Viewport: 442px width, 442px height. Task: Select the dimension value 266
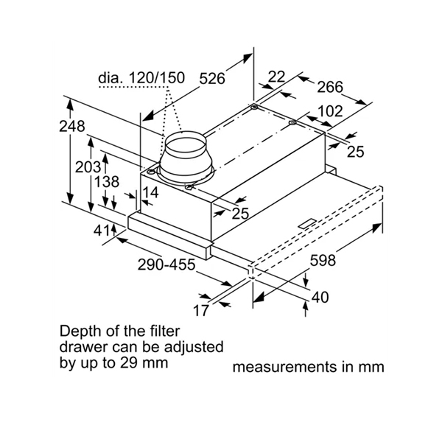pos(329,88)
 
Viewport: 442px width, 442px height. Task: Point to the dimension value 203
pos(88,167)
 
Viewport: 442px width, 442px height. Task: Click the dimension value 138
pos(108,181)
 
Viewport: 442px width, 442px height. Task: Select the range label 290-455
pos(166,264)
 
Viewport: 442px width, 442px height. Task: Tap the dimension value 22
pos(277,76)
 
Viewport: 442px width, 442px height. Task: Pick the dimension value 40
pos(319,298)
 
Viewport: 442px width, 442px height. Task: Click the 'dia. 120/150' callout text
pos(139,77)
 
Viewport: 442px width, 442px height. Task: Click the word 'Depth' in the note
pos(80,330)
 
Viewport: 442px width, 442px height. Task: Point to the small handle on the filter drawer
pos(306,221)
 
